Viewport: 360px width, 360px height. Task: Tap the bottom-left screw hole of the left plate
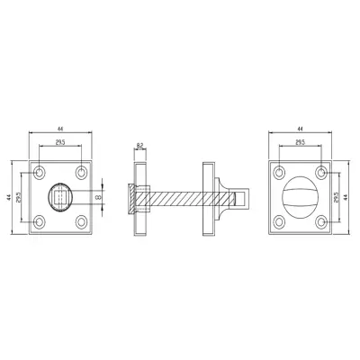click(40, 220)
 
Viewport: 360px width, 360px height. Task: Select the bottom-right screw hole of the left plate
click(82, 220)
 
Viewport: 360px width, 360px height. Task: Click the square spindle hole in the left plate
click(61, 195)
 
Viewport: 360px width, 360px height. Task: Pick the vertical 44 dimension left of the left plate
click(8, 195)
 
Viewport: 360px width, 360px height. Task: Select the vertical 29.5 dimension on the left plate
click(20, 195)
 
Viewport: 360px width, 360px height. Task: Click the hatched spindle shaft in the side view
click(175, 195)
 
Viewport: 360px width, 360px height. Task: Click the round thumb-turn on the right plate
click(301, 195)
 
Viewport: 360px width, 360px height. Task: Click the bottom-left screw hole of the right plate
click(280, 220)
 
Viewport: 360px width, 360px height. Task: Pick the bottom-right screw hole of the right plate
click(321, 220)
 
